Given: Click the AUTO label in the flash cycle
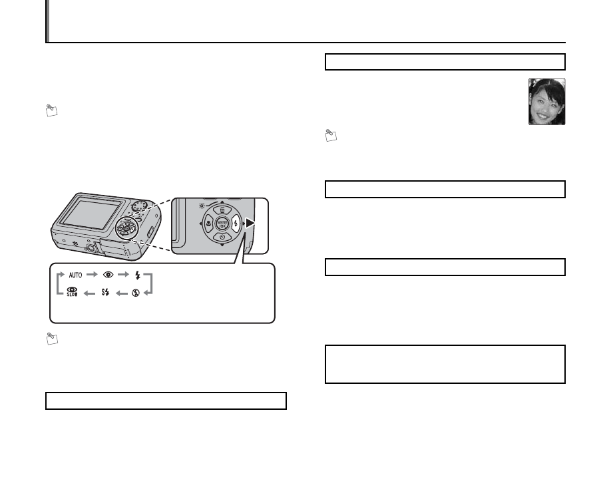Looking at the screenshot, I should click(x=75, y=275).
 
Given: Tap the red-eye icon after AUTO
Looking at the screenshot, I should click(x=108, y=275).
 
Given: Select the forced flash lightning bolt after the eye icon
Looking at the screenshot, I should click(x=137, y=275).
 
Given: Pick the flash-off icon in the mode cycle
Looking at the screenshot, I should click(x=134, y=293).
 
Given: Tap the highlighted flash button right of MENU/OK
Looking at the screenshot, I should click(x=235, y=225).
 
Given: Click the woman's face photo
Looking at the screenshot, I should click(x=546, y=102).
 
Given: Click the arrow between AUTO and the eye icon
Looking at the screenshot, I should click(x=92, y=275).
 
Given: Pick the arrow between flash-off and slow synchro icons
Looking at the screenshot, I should click(x=120, y=293).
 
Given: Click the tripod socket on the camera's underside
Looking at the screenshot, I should click(x=93, y=248).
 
